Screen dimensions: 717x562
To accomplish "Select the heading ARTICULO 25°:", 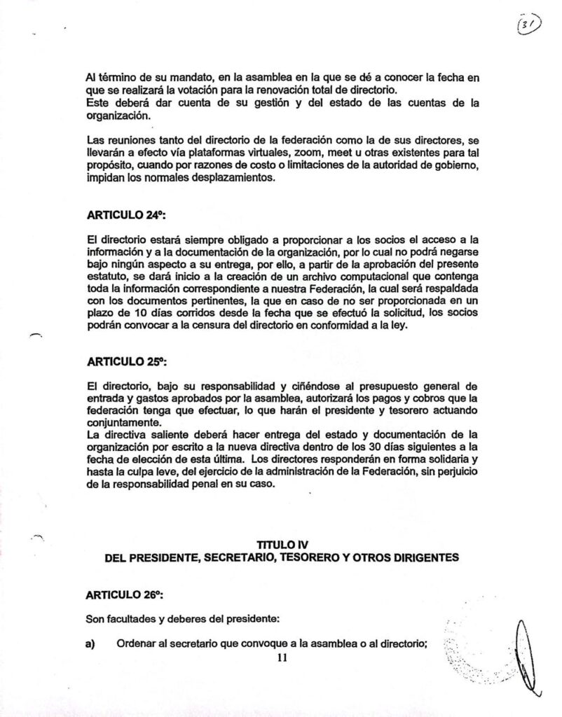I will [121, 363].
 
